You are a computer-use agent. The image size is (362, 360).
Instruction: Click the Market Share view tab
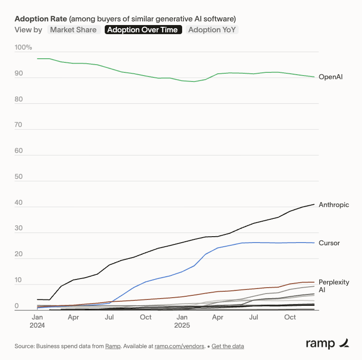coord(73,30)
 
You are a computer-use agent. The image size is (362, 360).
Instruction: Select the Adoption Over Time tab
coord(143,30)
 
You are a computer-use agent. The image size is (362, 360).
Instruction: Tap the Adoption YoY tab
coord(213,30)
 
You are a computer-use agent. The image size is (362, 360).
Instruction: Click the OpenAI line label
coord(331,77)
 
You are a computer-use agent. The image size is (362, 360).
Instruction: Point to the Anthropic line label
coord(334,205)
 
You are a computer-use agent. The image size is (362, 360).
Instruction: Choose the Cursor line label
coord(329,243)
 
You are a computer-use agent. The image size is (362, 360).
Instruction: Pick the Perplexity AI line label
coord(334,286)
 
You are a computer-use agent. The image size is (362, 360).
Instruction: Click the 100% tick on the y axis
coord(23,47)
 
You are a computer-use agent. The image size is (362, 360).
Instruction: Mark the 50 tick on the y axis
coord(19,177)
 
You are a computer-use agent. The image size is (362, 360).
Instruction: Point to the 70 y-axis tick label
coord(19,125)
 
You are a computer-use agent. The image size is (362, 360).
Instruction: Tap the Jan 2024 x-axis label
coord(37,321)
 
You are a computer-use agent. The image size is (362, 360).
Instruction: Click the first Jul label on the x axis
coord(109,317)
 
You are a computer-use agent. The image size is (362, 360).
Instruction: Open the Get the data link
coord(228,346)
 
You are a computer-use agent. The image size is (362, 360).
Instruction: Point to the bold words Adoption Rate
coord(41,19)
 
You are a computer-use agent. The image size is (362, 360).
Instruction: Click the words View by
coord(28,30)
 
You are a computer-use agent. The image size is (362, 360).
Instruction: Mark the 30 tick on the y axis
coord(19,228)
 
